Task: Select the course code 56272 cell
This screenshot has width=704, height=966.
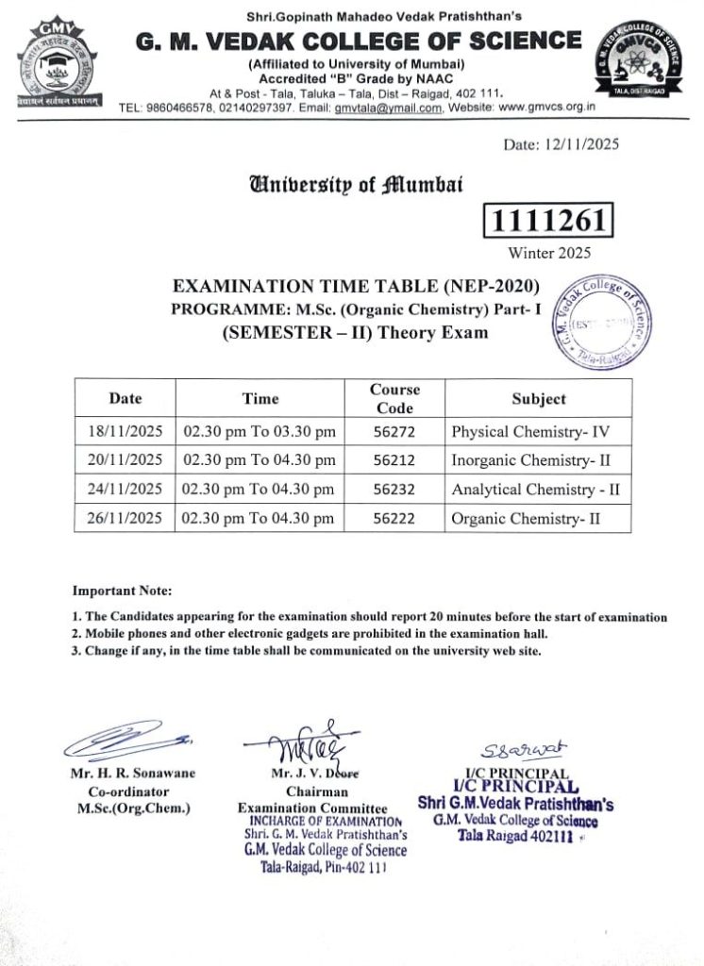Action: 395,432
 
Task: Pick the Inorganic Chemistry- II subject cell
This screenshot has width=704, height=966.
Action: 533,460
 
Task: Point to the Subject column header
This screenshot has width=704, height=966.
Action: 539,399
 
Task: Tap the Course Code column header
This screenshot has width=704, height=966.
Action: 394,399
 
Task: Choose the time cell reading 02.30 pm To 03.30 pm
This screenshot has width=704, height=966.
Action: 260,432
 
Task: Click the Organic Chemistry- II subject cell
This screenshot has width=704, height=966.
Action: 526,518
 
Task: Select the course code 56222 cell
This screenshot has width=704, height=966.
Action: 395,518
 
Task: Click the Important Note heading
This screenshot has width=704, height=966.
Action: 123,591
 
